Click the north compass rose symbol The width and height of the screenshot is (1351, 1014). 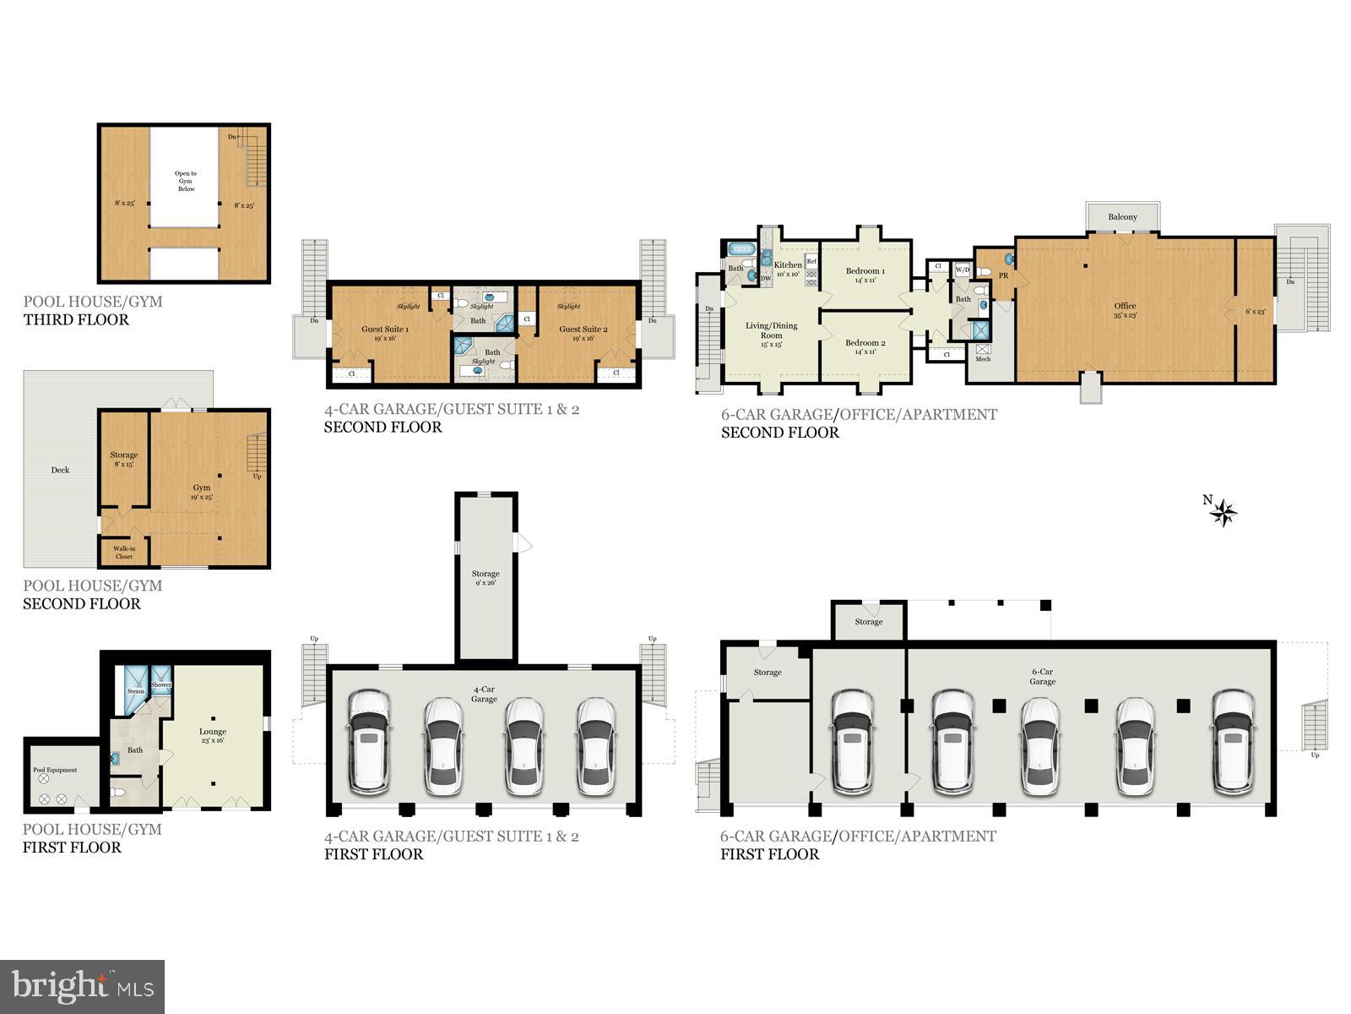(x=1223, y=511)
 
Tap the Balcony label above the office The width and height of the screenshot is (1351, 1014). (x=1122, y=217)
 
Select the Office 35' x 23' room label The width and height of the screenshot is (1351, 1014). (x=1125, y=310)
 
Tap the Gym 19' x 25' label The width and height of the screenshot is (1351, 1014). (x=202, y=492)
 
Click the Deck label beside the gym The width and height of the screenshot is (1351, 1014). (x=60, y=470)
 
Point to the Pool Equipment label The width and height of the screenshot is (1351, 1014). (x=55, y=770)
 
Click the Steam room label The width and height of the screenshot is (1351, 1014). (x=136, y=691)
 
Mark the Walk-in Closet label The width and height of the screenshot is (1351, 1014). (x=124, y=553)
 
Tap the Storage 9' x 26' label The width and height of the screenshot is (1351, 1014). (x=486, y=578)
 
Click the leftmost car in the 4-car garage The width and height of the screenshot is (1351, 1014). (x=369, y=741)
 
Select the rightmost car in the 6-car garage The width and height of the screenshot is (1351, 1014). (x=1232, y=742)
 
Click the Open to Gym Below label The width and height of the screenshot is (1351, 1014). (x=186, y=181)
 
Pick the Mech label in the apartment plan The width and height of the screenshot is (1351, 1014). (x=983, y=359)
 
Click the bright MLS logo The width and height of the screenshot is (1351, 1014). (x=83, y=986)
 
